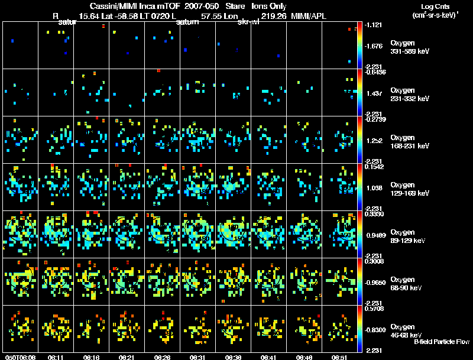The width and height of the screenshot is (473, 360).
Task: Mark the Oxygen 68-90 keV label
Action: coord(407,284)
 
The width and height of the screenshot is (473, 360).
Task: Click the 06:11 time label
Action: coord(57,357)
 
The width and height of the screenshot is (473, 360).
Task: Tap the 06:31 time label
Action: coord(198,357)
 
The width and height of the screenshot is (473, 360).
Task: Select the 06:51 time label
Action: coord(339,357)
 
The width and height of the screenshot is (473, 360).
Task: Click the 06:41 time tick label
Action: coord(268,357)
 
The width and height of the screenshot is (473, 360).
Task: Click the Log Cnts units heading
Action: coord(434,7)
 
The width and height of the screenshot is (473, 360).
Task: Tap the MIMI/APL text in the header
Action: coord(309,17)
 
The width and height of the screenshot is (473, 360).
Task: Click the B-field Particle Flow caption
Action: coord(442,341)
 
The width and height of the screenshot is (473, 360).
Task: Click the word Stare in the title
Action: coord(228,6)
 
